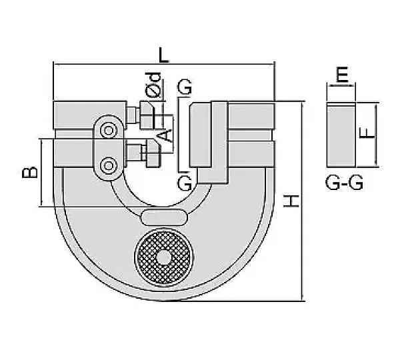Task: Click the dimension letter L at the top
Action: [163, 55]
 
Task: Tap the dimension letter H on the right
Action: [291, 201]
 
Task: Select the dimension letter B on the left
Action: [29, 172]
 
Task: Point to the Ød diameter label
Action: [153, 85]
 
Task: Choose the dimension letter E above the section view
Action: [341, 74]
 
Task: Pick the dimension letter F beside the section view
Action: [367, 133]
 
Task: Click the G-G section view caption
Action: [344, 183]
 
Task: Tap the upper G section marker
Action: [185, 87]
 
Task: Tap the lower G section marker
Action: [185, 183]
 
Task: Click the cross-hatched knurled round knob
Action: [164, 258]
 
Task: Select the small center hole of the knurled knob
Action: [163, 259]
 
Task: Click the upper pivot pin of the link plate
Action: [109, 131]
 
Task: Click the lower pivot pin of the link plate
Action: [109, 166]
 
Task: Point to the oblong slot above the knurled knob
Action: [164, 217]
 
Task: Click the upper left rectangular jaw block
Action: [90, 115]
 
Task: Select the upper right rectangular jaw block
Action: [251, 115]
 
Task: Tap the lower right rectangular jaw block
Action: [251, 154]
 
